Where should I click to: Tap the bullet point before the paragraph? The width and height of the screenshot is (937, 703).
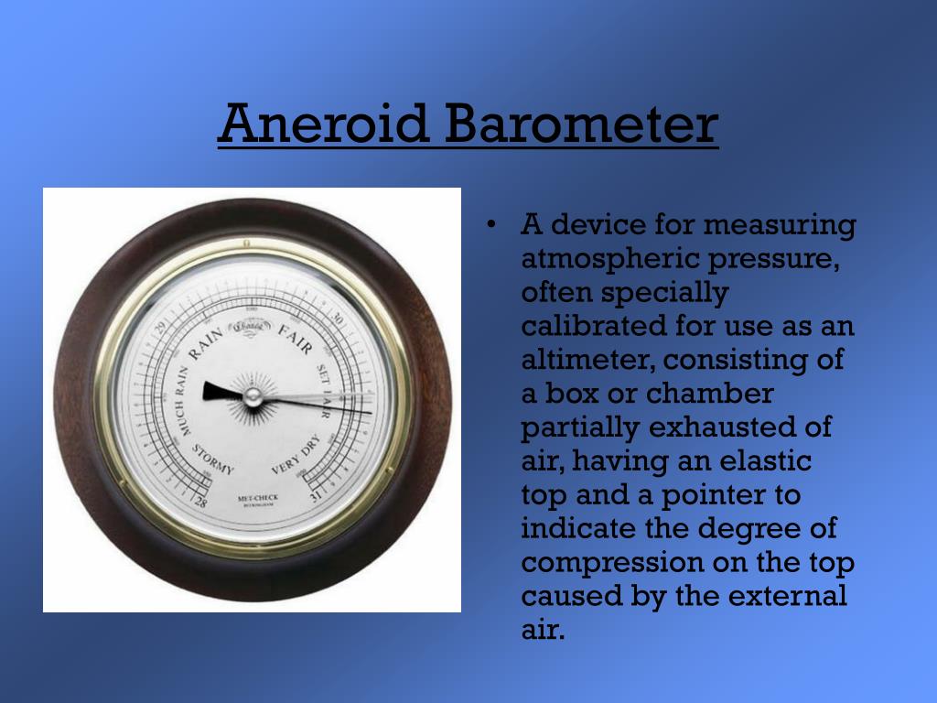pos(492,225)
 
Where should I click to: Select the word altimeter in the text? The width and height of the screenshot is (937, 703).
pos(581,360)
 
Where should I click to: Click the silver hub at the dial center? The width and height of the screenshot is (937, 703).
pos(253,395)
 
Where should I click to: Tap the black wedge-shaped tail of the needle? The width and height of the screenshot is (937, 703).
pos(221,391)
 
